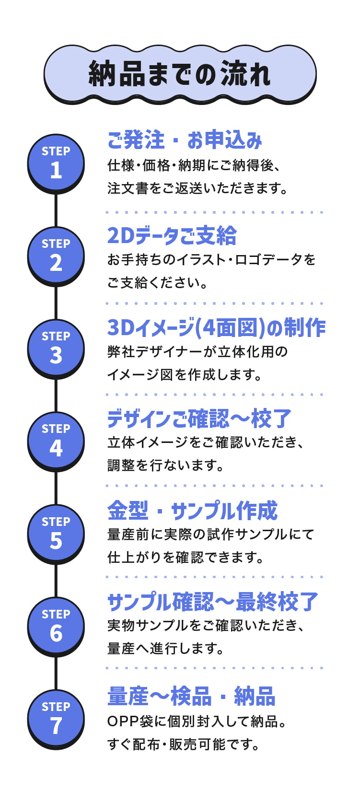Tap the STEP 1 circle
tap(56, 163)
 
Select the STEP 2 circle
tap(56, 256)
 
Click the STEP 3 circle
tap(56, 349)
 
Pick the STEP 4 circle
tap(56, 442)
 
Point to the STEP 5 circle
tap(56, 534)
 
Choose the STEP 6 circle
tap(56, 627)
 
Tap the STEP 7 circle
tap(56, 719)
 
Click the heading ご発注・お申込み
tap(185, 140)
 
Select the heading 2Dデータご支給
tap(172, 235)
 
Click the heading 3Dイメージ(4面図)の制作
tap(217, 327)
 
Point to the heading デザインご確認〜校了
tap(199, 419)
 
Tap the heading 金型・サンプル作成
tap(193, 511)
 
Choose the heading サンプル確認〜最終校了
tap(213, 602)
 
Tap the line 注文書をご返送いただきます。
tap(197, 188)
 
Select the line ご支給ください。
tap(157, 283)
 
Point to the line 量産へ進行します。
tap(166, 648)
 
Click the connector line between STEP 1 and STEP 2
tap(56, 210)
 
